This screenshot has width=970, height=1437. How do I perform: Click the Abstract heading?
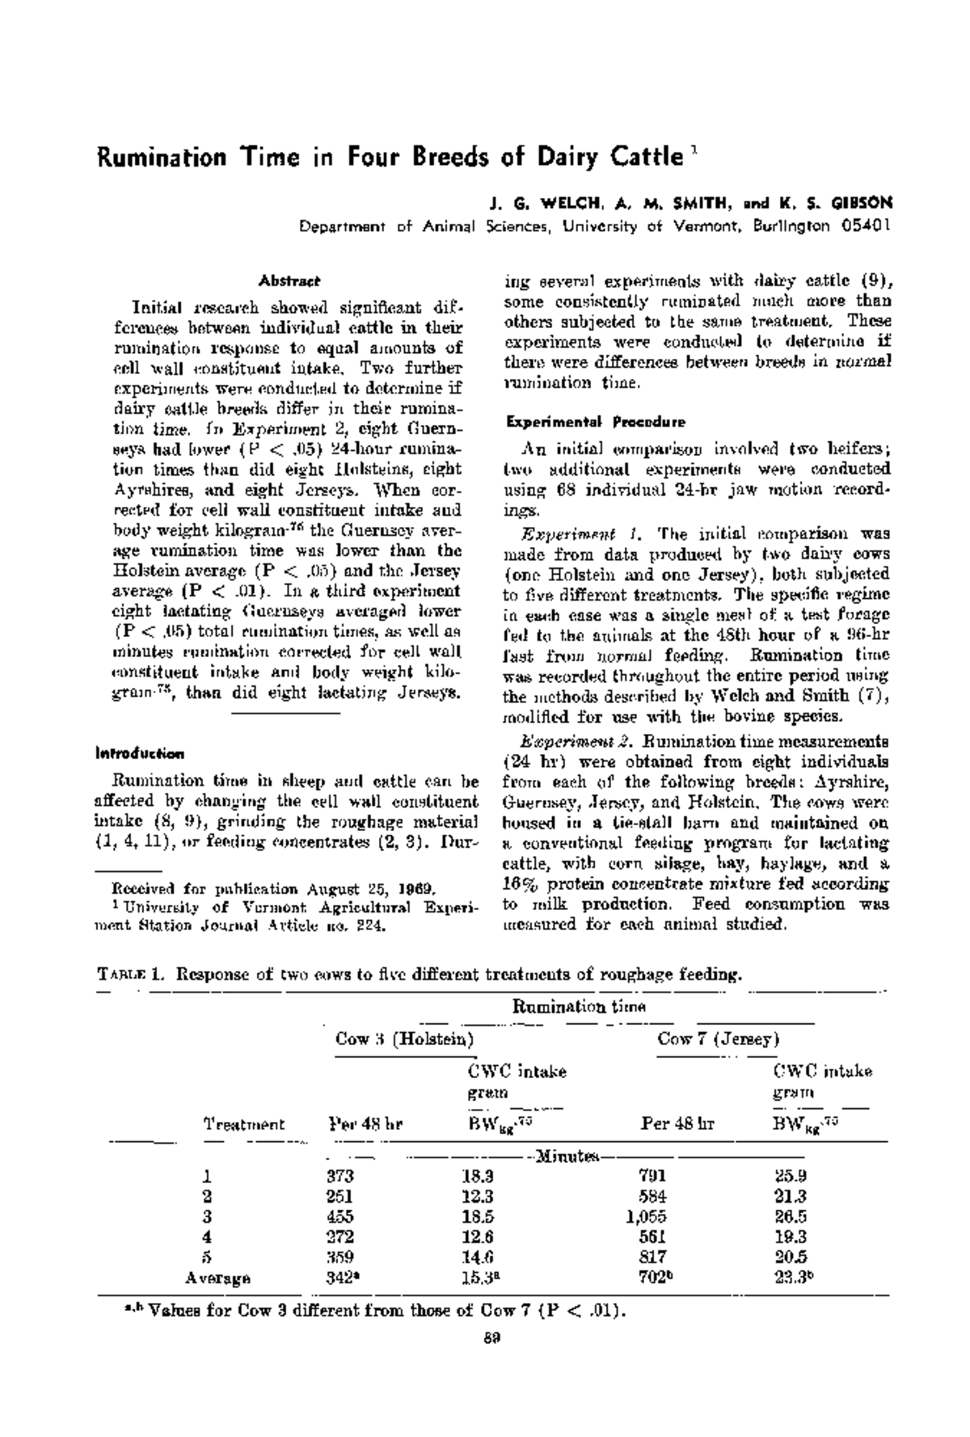[289, 281]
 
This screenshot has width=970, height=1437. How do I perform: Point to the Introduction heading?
[141, 753]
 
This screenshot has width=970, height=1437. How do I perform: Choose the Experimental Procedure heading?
[595, 422]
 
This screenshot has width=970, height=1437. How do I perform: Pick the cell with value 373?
[339, 1175]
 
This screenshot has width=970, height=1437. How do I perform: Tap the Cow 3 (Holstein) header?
[404, 1039]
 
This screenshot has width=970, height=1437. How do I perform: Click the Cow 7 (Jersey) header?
[717, 1039]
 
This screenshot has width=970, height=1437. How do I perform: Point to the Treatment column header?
[243, 1123]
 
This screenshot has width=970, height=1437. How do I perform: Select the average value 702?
[652, 1278]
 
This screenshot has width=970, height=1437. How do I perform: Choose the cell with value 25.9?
[790, 1175]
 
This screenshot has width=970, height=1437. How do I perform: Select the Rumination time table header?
[579, 1006]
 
